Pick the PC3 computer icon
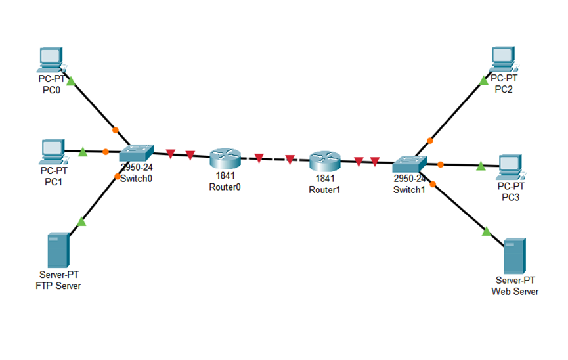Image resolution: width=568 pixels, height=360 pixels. tap(509, 167)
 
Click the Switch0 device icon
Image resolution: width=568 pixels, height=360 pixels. tap(136, 153)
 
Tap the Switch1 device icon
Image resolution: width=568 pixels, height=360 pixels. tap(409, 162)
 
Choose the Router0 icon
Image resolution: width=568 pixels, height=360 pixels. tap(225, 158)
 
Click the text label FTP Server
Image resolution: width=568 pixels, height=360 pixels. tap(58, 286)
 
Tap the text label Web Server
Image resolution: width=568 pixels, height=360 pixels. tap(515, 291)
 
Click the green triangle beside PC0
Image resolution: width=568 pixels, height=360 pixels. tap(71, 81)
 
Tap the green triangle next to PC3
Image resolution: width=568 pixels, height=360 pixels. tap(481, 166)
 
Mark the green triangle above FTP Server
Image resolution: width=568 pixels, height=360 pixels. tap(81, 221)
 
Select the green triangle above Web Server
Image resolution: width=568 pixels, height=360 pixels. tap(487, 231)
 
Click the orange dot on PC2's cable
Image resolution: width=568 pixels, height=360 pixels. tap(430, 140)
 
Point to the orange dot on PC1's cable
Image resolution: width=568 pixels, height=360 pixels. tap(106, 152)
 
